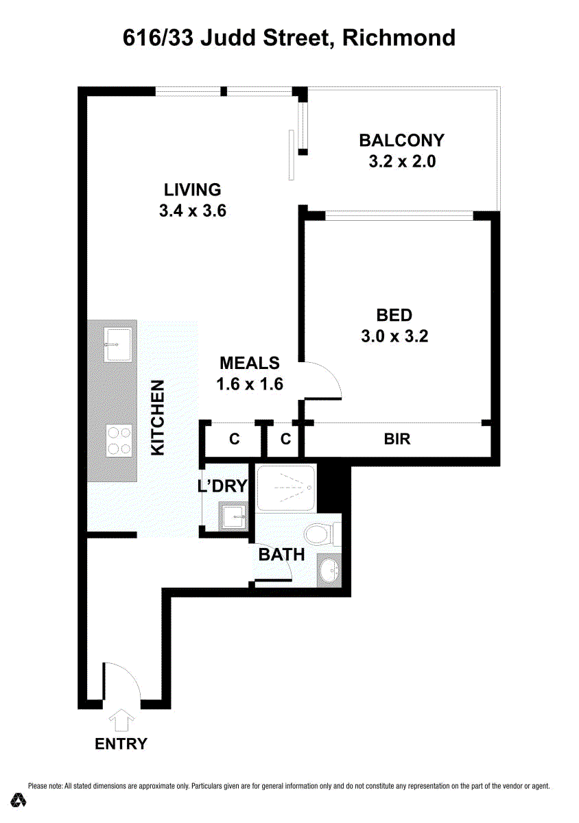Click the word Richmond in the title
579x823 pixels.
pos(399,38)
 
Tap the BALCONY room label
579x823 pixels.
pos(402,141)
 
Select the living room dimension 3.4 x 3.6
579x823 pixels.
pos(193,211)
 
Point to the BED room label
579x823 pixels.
pos(394,315)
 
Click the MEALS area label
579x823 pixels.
pos(250,363)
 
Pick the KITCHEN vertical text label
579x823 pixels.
pos(158,418)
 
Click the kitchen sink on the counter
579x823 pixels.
pos(117,345)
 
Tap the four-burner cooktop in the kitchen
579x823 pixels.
pos(119,441)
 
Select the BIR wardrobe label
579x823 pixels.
pos(397,439)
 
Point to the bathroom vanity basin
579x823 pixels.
pos(329,571)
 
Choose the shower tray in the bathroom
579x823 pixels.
pos(285,488)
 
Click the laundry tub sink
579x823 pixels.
pos(233,516)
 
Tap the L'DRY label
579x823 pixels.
pos(222,486)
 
